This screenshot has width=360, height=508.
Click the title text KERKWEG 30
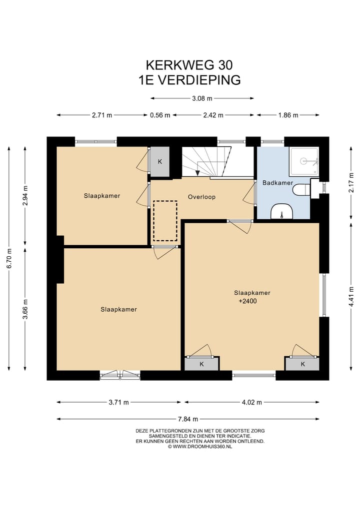tap(189, 65)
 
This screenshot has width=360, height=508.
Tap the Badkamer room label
tap(277, 183)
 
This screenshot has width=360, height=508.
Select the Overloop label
tap(201, 197)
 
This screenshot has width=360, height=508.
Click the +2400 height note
tap(247, 301)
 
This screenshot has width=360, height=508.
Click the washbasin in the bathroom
tap(282, 211)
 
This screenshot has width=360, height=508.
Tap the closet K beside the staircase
tap(159, 162)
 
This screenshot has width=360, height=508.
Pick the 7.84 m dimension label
tap(188, 419)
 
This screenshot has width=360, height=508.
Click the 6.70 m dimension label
tap(9, 258)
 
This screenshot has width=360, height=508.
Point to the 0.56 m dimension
tap(160, 115)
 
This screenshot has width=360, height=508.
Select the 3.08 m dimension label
tap(202, 98)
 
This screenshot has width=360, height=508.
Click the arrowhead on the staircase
tap(197, 173)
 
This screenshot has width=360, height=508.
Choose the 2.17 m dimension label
tap(351, 183)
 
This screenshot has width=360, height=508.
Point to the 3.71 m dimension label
tap(118, 403)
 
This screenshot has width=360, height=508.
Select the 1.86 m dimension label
tap(288, 115)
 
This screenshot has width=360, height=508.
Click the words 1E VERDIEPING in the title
tap(189, 80)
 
